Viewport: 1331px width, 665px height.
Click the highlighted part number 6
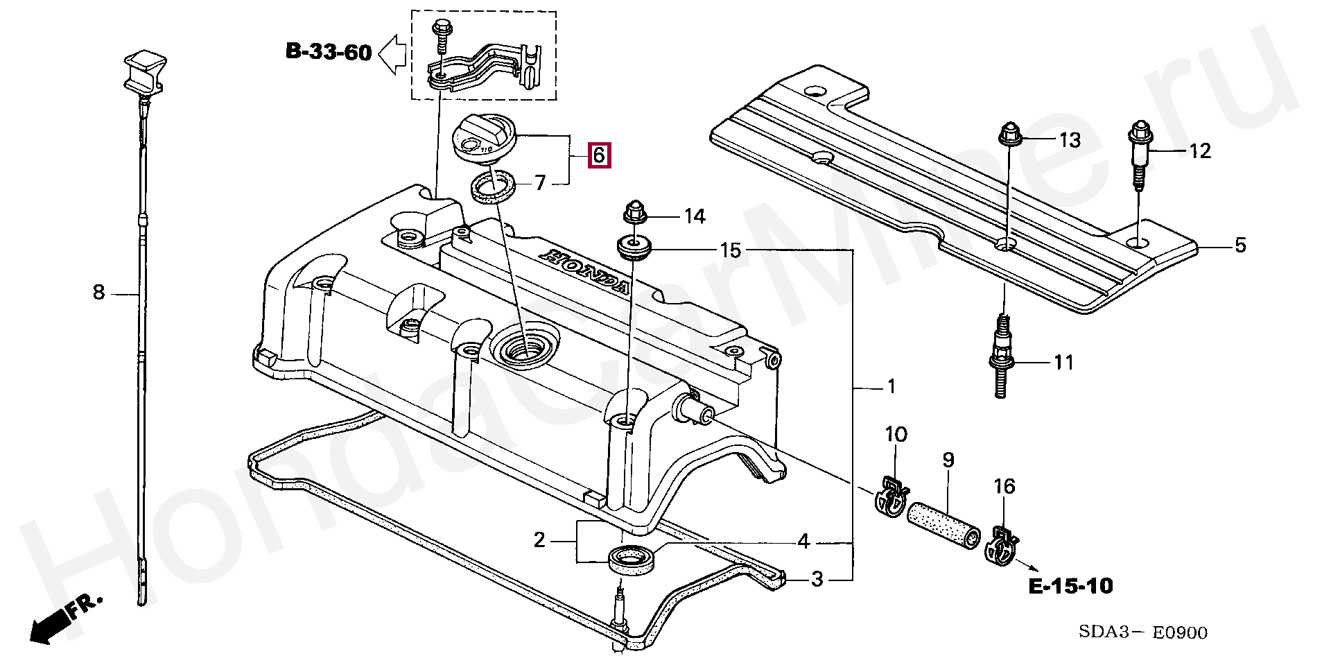[599, 155]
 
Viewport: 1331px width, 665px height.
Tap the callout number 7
[540, 182]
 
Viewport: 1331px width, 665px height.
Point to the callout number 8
[98, 293]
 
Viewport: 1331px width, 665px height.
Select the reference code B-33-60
[329, 52]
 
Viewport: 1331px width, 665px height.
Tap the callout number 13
[1070, 141]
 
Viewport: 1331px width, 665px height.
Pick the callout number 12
[1199, 150]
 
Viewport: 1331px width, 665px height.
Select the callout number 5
[1239, 245]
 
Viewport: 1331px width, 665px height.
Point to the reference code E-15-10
[1070, 587]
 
